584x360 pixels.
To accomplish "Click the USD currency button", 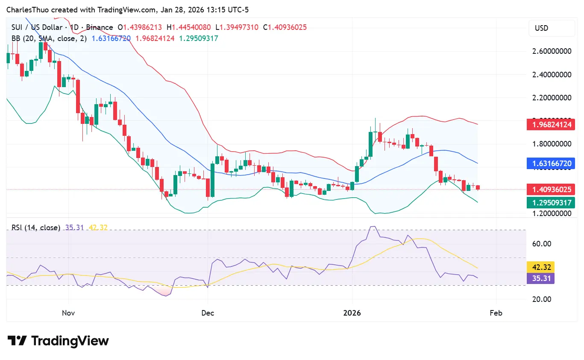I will pyautogui.click(x=552, y=28).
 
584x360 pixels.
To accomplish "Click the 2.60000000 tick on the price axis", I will pyautogui.click(x=552, y=51).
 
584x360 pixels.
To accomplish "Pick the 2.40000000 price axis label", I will pyautogui.click(x=552, y=75).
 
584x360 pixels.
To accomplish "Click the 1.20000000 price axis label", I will pyautogui.click(x=552, y=213).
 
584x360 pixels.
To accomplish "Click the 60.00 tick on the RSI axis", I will pyautogui.click(x=541, y=244).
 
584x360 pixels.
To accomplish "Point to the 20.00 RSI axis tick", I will pyautogui.click(x=541, y=299).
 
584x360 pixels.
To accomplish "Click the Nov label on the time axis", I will pyautogui.click(x=68, y=313).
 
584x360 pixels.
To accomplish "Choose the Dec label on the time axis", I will pyautogui.click(x=207, y=313).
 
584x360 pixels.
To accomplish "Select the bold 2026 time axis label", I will pyautogui.click(x=352, y=313).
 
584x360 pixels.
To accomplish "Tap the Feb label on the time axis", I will pyautogui.click(x=496, y=313).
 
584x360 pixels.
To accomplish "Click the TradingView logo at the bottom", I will pyautogui.click(x=58, y=341).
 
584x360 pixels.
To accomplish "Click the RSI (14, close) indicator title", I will pyautogui.click(x=35, y=228).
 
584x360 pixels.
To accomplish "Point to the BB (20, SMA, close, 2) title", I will pyautogui.click(x=49, y=38).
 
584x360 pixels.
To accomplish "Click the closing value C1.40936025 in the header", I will pyautogui.click(x=285, y=27).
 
